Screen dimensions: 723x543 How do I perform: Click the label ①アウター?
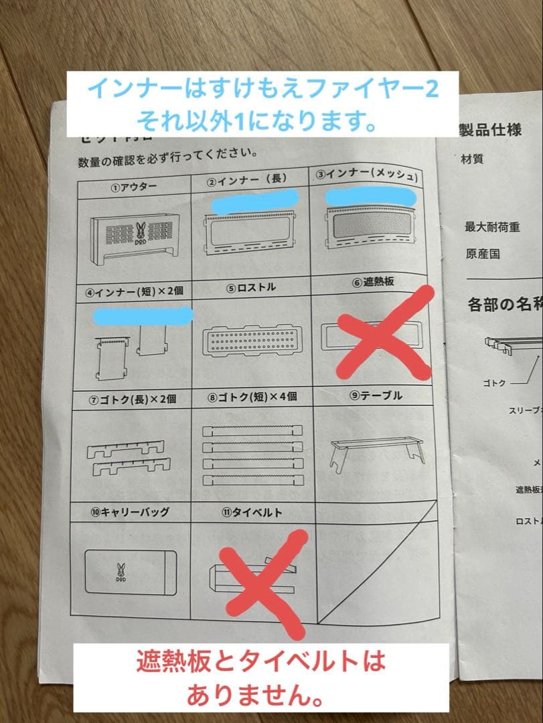tap(133, 187)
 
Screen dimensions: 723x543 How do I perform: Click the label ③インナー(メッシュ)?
tap(367, 176)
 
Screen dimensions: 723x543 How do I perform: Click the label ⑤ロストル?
tap(251, 288)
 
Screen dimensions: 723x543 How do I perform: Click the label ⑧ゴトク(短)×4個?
tap(252, 396)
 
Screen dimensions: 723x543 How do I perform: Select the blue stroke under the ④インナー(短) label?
tap(143, 314)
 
